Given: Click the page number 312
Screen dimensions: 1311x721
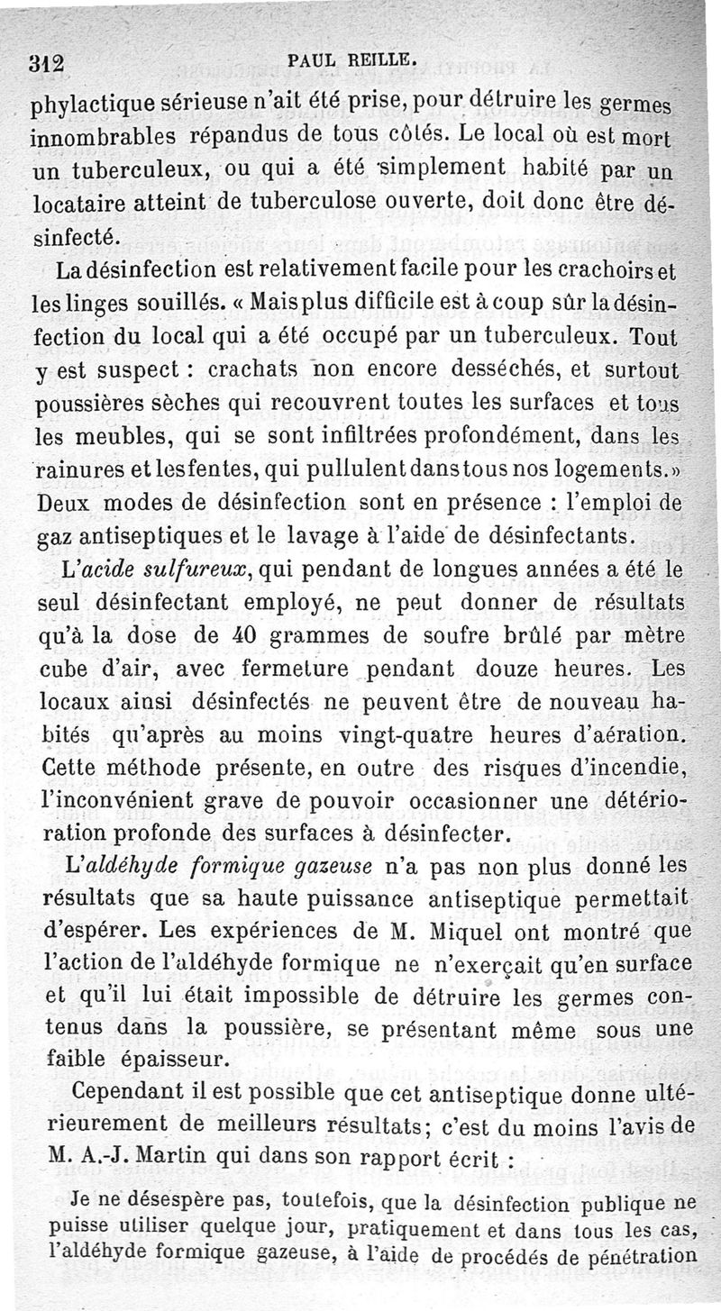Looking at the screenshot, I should coord(44,63).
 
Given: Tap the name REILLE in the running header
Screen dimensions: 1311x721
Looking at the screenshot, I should coord(384,61).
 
